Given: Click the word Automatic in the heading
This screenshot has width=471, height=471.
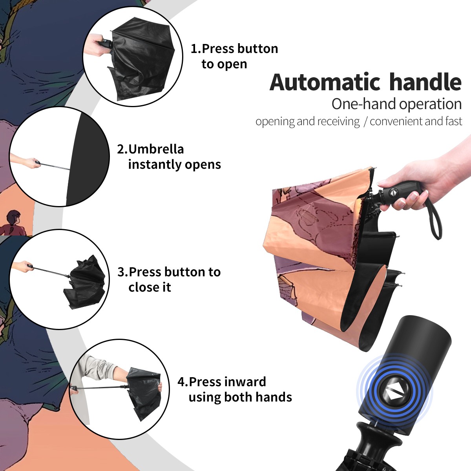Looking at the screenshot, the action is [325, 82].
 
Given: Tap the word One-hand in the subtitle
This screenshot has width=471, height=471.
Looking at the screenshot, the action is [364, 104].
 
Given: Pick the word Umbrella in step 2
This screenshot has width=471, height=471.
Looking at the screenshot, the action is [156, 149].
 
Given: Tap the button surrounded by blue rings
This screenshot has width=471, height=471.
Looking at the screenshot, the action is [394, 394].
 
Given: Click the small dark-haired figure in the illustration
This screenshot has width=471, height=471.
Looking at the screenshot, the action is [13, 223].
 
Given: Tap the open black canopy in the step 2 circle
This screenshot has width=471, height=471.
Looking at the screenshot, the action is [87, 159].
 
